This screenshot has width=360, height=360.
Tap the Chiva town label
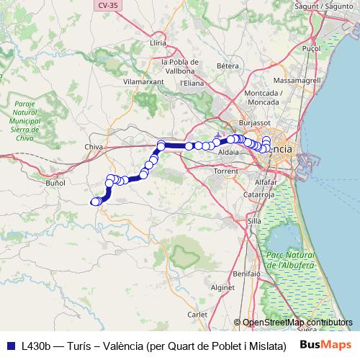click(94, 147)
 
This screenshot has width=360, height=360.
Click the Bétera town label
click(228, 66)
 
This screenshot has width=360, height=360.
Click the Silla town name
click(254, 221)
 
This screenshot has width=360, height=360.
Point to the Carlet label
click(197, 315)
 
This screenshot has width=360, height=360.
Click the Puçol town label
click(311, 48)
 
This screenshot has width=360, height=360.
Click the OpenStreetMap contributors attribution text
click(297, 322)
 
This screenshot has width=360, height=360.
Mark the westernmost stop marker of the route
click(94, 202)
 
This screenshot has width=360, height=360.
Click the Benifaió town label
click(246, 274)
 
